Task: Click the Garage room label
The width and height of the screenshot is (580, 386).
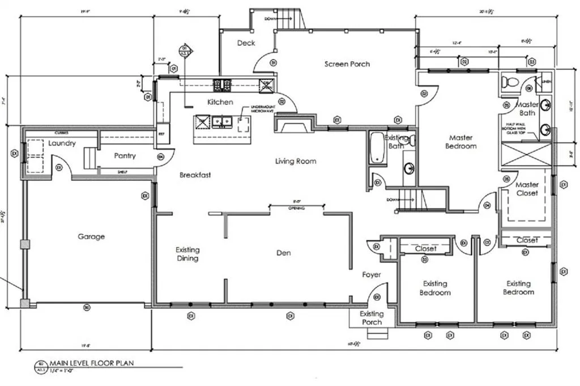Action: tap(91, 236)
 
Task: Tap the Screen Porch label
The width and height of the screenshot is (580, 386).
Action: tap(347, 64)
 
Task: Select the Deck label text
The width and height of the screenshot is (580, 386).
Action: tap(246, 43)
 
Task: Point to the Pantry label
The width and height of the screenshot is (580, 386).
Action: tap(125, 155)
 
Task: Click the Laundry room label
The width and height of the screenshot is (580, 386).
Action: tap(62, 143)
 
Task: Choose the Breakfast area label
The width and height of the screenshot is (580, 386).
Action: tap(195, 175)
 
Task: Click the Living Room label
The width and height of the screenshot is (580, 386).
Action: tap(296, 162)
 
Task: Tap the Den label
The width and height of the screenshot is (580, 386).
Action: tap(284, 253)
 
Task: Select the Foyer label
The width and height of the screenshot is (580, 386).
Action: tap(372, 275)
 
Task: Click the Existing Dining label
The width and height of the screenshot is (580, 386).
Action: tap(187, 254)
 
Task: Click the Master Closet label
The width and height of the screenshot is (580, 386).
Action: tap(527, 189)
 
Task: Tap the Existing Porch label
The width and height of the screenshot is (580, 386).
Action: tap(372, 318)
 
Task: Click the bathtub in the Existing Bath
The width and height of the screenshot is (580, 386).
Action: tap(376, 149)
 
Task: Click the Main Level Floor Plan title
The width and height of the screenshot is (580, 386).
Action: tap(92, 363)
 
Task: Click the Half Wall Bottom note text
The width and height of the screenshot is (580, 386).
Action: tap(524, 130)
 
